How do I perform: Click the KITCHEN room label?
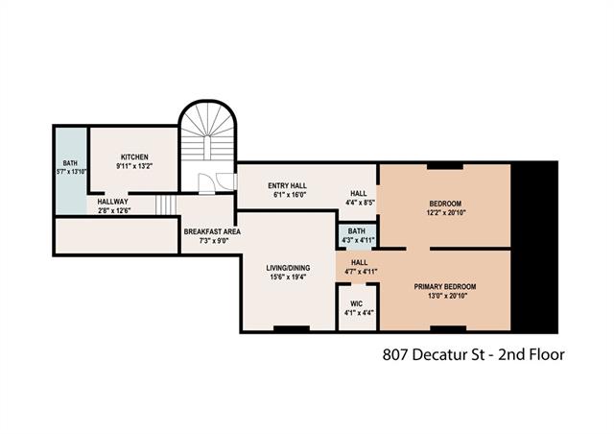(x=133, y=157)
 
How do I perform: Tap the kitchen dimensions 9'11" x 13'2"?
(x=133, y=166)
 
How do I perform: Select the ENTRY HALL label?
(x=287, y=184)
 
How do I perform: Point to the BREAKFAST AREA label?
(x=212, y=231)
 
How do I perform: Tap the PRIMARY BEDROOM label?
(x=444, y=286)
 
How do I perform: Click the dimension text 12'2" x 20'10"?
(x=445, y=213)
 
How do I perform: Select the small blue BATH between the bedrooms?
(x=356, y=235)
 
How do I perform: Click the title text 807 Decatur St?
(x=431, y=354)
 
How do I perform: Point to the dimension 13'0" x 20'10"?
(x=444, y=296)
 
